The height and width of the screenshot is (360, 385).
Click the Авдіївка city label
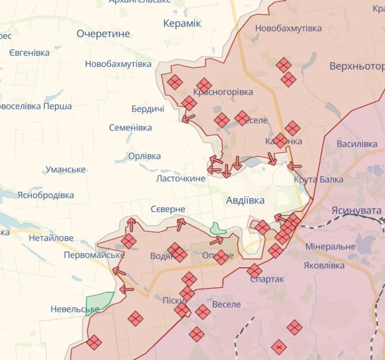click(245, 200)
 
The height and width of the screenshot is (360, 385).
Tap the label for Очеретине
click(103, 34)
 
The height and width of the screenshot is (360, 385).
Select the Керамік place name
click(182, 23)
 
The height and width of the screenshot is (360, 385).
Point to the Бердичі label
click(148, 109)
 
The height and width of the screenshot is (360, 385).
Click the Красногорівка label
click(223, 92)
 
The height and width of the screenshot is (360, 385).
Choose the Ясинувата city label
click(356, 210)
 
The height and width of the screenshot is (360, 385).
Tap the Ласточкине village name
click(181, 178)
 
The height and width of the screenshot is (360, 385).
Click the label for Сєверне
click(168, 209)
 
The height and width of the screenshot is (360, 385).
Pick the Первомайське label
click(94, 255)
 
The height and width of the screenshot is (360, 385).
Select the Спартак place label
click(267, 279)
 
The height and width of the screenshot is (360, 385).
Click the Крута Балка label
click(318, 180)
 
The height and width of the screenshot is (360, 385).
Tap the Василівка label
click(357, 144)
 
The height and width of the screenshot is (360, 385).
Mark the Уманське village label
click(66, 170)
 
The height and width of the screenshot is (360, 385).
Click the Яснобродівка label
click(45, 195)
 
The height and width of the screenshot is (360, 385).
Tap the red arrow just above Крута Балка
click(294, 166)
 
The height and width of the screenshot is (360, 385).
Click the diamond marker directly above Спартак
click(254, 271)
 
